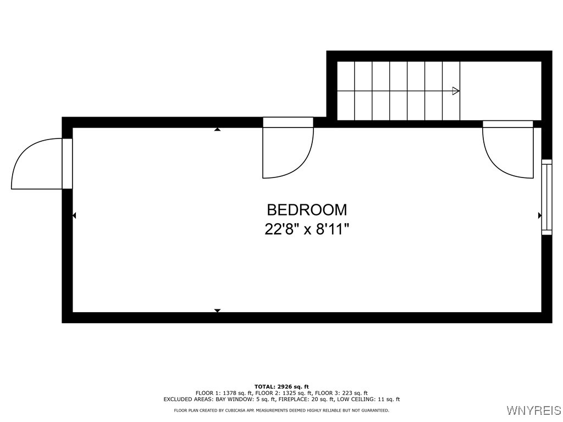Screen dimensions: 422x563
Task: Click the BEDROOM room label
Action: pyautogui.click(x=307, y=209)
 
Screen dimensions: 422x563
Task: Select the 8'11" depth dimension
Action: pyautogui.click(x=332, y=229)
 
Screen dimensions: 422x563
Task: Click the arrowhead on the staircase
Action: pyautogui.click(x=455, y=91)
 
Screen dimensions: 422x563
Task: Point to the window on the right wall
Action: pyautogui.click(x=547, y=197)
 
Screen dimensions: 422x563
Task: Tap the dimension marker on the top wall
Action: pyautogui.click(x=217, y=130)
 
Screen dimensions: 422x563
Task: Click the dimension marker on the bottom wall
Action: pyautogui.click(x=217, y=310)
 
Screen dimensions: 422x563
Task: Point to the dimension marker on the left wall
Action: pyautogui.click(x=74, y=216)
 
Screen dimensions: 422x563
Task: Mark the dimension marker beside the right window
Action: pyautogui.click(x=539, y=216)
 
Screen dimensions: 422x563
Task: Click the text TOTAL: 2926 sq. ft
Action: pyautogui.click(x=281, y=387)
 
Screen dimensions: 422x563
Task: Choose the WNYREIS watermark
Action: pyautogui.click(x=534, y=410)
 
